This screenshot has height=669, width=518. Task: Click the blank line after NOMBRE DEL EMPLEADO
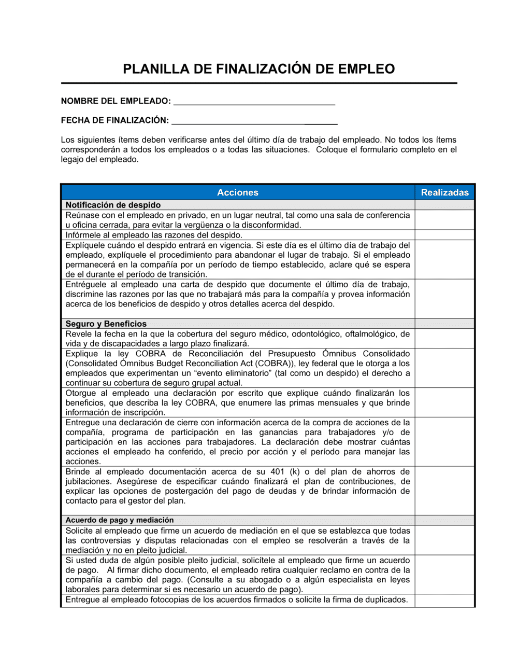pos(254,102)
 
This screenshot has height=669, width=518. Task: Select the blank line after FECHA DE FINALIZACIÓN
pos(254,121)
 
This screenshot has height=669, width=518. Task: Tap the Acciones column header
pos(237,192)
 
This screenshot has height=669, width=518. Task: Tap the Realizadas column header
pos(444,192)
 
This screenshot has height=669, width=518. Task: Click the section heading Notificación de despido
pos(113,205)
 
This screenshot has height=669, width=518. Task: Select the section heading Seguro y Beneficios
pos(106,324)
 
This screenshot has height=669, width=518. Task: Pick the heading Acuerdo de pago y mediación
pos(119,520)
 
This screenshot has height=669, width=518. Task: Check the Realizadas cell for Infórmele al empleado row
pos(444,235)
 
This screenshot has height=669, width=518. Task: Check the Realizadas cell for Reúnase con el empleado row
pos(444,220)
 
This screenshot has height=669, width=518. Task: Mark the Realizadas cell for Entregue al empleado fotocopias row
pos(444,600)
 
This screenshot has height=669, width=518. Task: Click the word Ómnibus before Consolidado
pos(339,354)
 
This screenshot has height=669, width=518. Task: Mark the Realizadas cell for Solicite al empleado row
pos(444,540)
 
